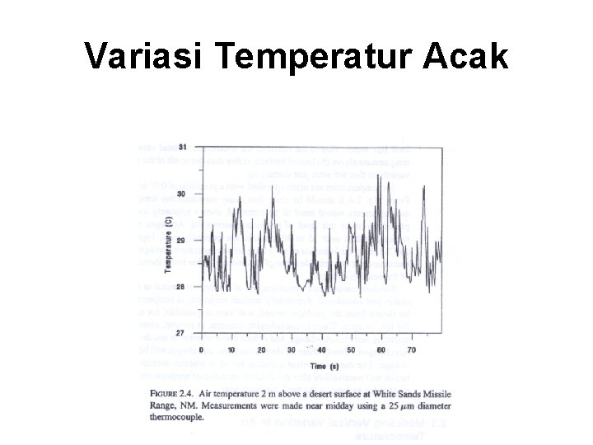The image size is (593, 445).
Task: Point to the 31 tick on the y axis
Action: pos(183,147)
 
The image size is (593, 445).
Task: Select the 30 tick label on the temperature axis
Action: pos(183,192)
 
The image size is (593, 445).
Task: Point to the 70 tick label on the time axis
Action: pos(410,349)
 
